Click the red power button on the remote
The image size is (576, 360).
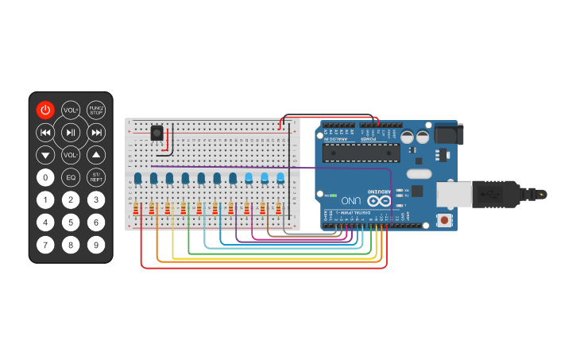coord(45,110)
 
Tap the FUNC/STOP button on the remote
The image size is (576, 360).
coord(96,110)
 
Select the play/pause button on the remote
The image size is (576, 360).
coord(71,132)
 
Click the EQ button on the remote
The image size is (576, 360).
coord(71,177)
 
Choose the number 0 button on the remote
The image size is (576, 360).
coord(45,177)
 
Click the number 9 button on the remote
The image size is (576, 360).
coord(96,245)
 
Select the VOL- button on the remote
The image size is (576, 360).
coord(71,154)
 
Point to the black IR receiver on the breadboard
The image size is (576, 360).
coord(157,134)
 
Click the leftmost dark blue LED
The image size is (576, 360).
coord(137,178)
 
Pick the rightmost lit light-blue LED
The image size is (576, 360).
coord(280,178)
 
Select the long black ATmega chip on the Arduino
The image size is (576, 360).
coord(361,153)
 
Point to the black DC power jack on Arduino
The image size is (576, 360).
coord(446,134)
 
